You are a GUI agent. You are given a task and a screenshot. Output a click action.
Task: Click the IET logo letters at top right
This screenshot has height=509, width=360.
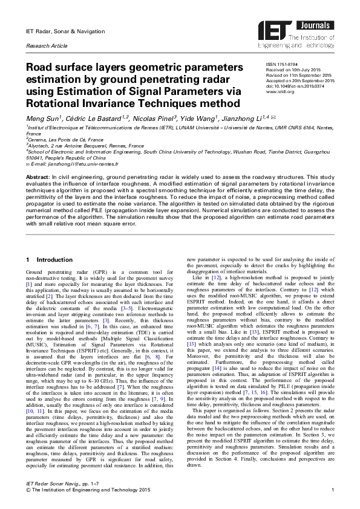(x=275, y=27)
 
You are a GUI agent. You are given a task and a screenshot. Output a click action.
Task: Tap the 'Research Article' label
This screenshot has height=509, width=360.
(x=46, y=46)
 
